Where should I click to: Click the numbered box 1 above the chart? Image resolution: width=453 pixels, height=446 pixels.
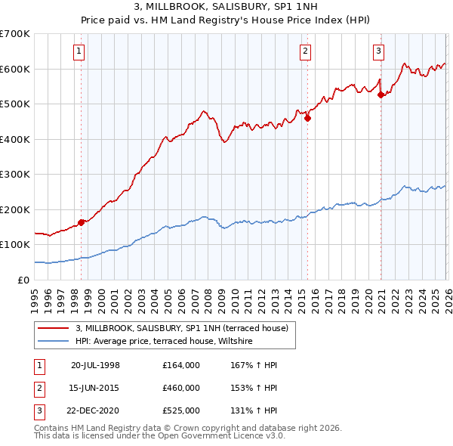(79, 51)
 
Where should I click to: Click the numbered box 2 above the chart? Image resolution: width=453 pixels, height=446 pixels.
(305, 51)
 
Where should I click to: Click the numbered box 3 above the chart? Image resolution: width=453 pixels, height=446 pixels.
(378, 51)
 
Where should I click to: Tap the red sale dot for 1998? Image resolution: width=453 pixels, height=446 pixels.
(81, 222)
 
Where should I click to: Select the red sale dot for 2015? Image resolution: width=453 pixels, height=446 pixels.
(307, 118)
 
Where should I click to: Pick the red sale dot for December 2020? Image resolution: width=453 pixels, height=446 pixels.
(381, 95)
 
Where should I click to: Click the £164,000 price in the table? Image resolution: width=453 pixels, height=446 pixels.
(181, 365)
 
